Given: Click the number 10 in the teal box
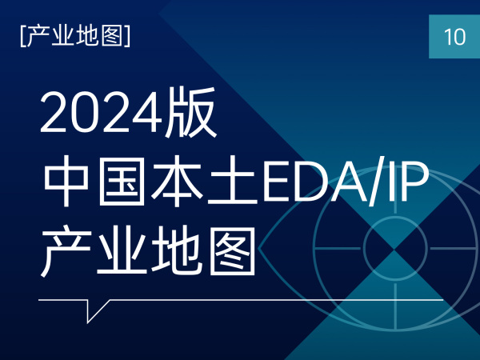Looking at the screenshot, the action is (454, 37).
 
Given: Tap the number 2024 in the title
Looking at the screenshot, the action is (101, 113).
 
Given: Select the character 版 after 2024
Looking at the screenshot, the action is (190, 112).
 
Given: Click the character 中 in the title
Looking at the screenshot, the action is (66, 181).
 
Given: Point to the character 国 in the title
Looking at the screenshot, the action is (122, 181).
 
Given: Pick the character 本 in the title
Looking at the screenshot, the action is (177, 181).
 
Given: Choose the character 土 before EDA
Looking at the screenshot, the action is (232, 181).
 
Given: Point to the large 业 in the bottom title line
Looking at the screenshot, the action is (122, 251).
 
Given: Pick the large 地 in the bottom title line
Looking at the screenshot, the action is (177, 251).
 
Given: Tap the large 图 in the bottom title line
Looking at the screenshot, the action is (232, 251).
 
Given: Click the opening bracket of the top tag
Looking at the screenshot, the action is (22, 36).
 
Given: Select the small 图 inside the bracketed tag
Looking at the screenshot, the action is (112, 36).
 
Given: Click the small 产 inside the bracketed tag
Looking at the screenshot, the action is (38, 36).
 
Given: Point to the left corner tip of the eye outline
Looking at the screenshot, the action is (258, 249).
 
